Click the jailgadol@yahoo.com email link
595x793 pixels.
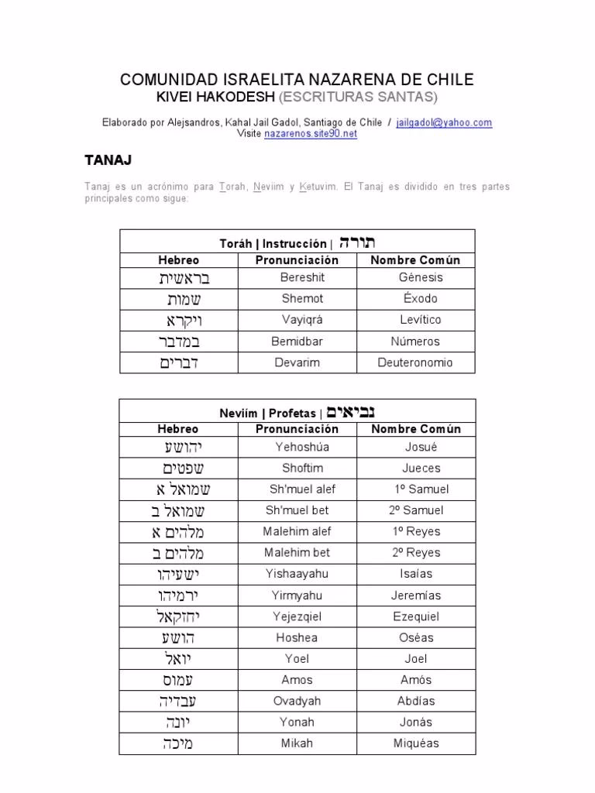444,122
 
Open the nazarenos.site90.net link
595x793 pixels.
311,133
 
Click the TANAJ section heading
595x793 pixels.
108,160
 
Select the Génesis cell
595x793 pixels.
421,277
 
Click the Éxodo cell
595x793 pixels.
418,298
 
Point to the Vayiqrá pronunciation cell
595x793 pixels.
297,320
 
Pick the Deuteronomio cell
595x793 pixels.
415,362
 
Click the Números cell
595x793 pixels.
415,341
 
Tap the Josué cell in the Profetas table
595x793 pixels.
421,447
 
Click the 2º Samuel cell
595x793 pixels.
416,510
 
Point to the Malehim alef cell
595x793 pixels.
297,531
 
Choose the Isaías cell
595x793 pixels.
416,574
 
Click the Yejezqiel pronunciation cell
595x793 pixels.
297,616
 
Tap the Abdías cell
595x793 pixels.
416,701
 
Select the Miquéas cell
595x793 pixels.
416,743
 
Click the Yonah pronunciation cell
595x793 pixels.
297,722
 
